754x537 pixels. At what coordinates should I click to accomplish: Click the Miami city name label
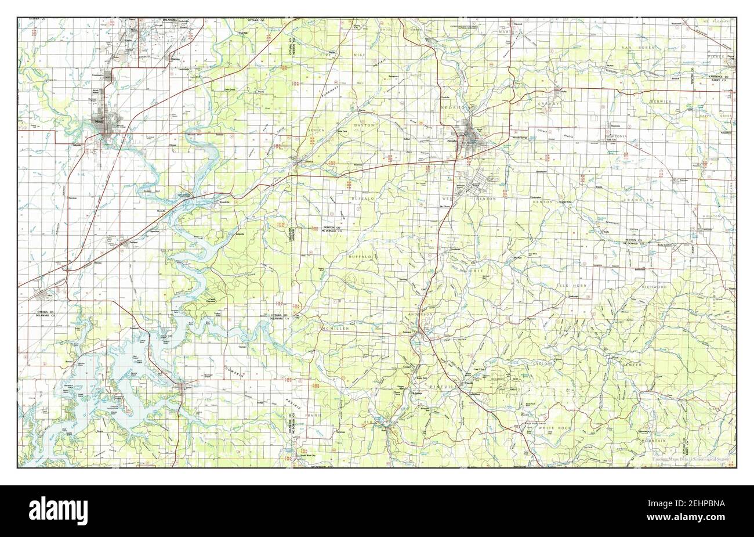100,121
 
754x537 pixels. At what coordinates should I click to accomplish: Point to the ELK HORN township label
569,286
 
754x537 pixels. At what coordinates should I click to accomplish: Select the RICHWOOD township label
654,287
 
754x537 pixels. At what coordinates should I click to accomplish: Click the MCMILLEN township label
338,329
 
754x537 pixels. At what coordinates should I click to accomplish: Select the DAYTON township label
364,125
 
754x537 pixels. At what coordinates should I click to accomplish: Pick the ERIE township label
476,271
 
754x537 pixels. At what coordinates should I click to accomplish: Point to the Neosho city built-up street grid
477,137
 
